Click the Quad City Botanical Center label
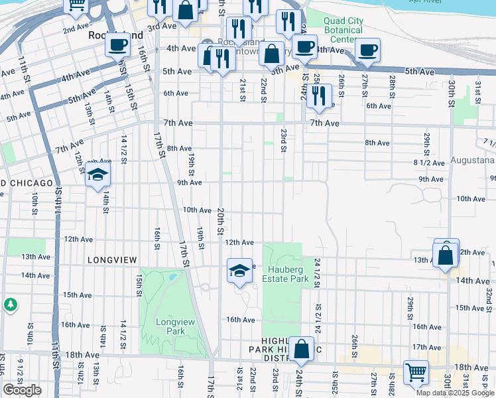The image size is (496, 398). point(343,30)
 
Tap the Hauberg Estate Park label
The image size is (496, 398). point(289,274)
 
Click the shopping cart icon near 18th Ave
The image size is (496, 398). point(416,373)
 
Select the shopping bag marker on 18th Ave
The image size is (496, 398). point(302,348)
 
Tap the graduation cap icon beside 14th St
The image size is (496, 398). point(97,176)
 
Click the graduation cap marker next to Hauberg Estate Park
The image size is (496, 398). point(239,271)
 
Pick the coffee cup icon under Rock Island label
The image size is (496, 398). point(117,46)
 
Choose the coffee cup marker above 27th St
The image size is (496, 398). point(367,50)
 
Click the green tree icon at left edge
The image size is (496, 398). point(10,305)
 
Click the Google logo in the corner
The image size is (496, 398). point(22,390)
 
